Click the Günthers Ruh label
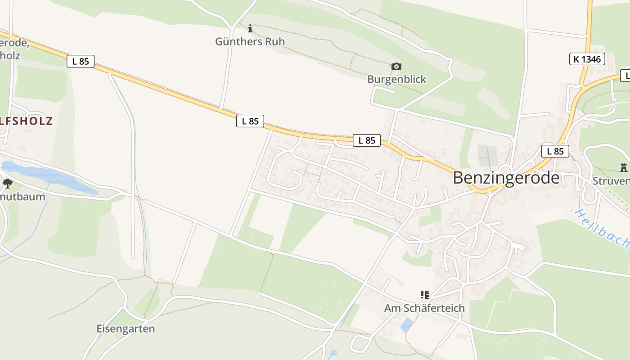[250, 41]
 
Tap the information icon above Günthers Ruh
[250, 29]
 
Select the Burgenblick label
[396, 79]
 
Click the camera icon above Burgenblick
[396, 67]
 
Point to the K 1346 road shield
[587, 59]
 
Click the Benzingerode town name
[506, 178]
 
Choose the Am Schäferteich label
[424, 308]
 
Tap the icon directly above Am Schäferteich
[424, 295]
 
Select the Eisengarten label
[126, 328]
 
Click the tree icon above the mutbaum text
[7, 183]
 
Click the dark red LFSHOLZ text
[27, 121]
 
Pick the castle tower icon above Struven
[623, 168]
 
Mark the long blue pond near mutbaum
[49, 175]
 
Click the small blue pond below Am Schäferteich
[407, 324]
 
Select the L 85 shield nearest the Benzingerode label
[555, 151]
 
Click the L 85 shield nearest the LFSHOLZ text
[81, 61]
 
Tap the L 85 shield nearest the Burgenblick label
[367, 140]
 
